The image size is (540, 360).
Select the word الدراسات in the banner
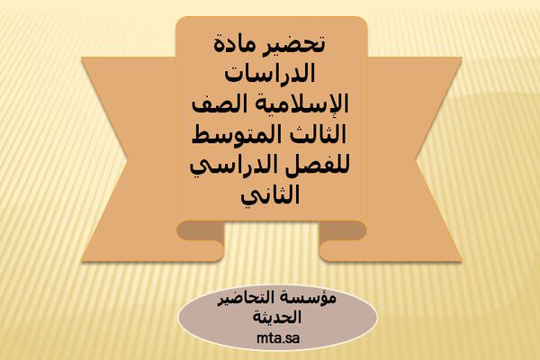pos(270,73)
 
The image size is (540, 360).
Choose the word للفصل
pos(319,166)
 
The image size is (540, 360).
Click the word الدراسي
pos(235,167)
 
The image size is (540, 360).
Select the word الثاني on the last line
pos(270,197)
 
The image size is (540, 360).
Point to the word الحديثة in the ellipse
pos(277,317)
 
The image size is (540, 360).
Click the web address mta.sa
pos(278,338)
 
